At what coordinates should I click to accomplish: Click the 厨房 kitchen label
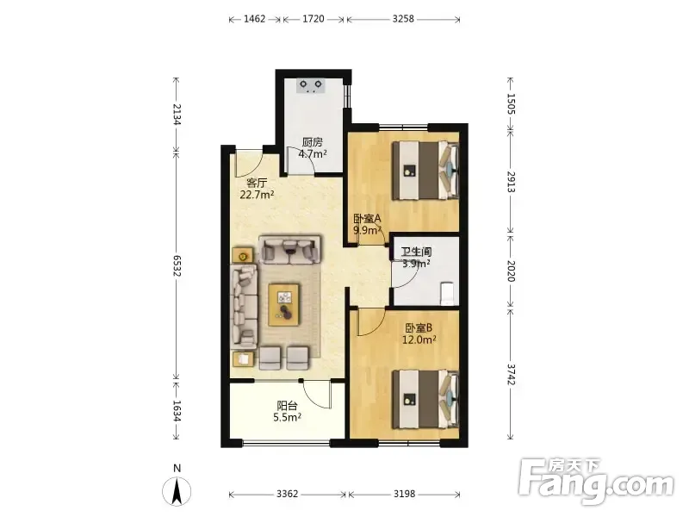point(313,142)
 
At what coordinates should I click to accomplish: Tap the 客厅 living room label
point(257,183)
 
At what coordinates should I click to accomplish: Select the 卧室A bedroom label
point(368,218)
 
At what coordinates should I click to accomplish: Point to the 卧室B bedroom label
point(419,328)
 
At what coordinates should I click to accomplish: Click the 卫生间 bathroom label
point(416,252)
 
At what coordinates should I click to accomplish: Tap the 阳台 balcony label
point(287,406)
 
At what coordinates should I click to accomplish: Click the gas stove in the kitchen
point(311,85)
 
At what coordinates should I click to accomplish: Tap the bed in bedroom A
point(425,170)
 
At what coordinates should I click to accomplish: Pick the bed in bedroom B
point(425,399)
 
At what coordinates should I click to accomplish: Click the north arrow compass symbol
point(177,491)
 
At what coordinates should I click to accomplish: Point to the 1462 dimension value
point(254,19)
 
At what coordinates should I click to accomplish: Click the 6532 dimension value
point(177,266)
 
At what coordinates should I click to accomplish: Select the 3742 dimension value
point(511,374)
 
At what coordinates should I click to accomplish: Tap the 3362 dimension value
point(288,494)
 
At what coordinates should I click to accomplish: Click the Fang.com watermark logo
point(596,482)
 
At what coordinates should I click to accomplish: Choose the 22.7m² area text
point(257,195)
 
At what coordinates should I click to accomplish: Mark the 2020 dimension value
point(511,271)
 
